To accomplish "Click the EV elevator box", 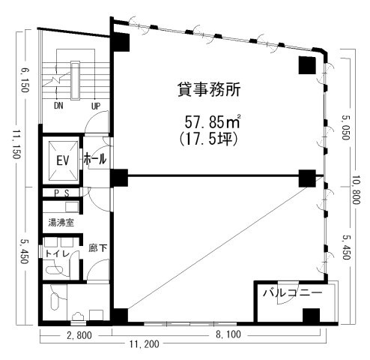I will pyautogui.click(x=61, y=160).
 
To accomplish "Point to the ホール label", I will pyautogui.click(x=95, y=160).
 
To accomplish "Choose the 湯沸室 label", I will pyautogui.click(x=60, y=222).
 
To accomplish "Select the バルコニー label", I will pyautogui.click(x=292, y=293).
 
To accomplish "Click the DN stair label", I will pyautogui.click(x=58, y=106).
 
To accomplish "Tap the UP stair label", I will pyautogui.click(x=95, y=106).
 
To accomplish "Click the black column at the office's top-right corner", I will pyautogui.click(x=306, y=65).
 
